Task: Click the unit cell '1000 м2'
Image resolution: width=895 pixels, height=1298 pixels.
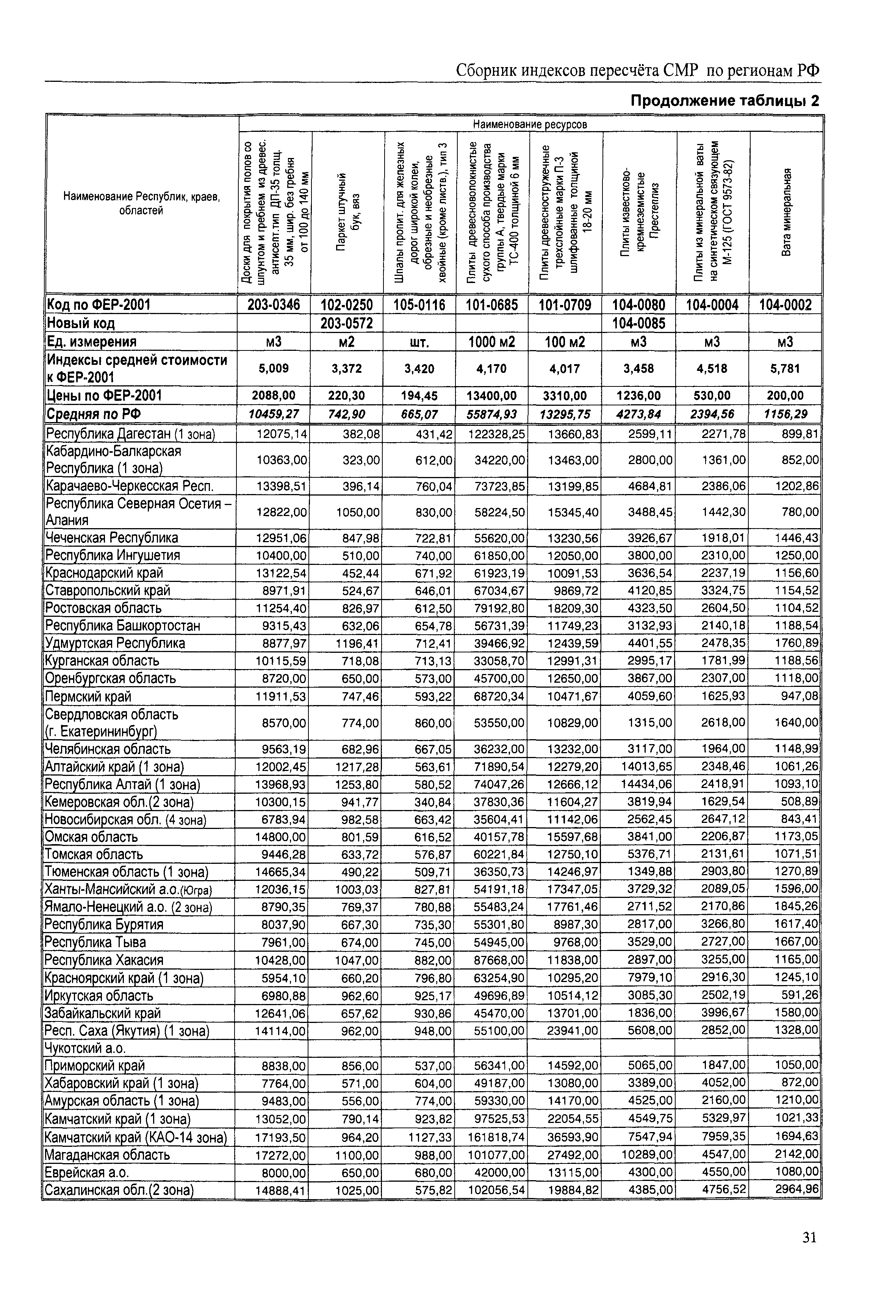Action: pyautogui.click(x=492, y=342)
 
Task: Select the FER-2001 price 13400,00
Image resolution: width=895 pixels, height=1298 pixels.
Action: pyautogui.click(x=492, y=396)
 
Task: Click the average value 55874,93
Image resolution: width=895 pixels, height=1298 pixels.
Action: pyautogui.click(x=492, y=414)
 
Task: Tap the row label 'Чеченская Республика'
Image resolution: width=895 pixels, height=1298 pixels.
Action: pyautogui.click(x=112, y=538)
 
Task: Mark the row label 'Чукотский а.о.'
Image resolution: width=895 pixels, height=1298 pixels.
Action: pyautogui.click(x=85, y=1048)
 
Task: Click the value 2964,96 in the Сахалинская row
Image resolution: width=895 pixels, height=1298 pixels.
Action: pyautogui.click(x=797, y=1173)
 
